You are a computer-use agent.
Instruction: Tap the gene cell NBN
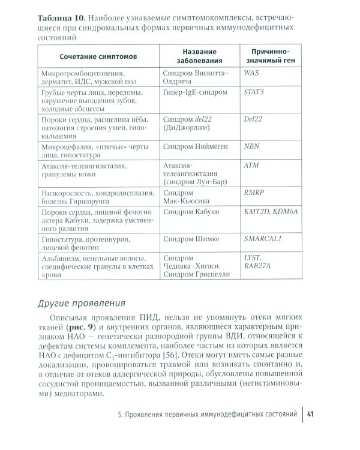tap(252, 146)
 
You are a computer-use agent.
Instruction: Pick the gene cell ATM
tap(252, 163)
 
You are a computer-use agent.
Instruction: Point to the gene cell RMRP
tap(254, 193)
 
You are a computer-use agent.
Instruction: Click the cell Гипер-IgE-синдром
tap(195, 93)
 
